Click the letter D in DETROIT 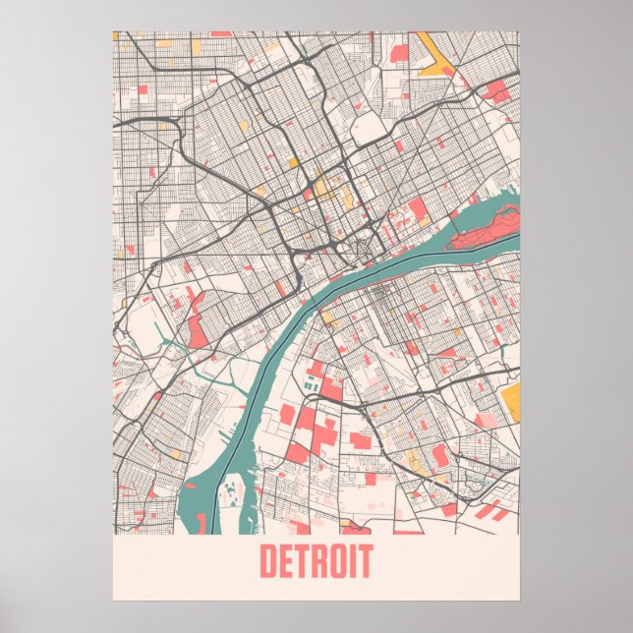(269, 562)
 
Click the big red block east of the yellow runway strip (497, 90)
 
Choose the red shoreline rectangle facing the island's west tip (419, 208)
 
